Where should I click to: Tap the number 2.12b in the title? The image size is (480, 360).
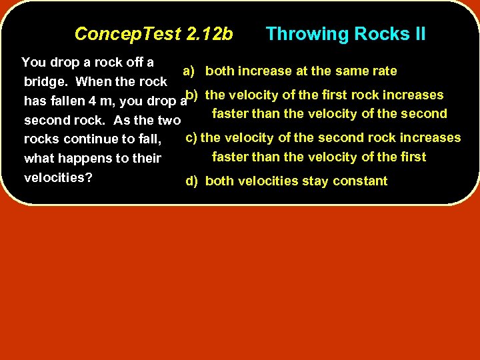210,34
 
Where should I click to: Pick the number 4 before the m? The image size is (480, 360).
83,101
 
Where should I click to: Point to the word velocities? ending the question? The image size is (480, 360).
58,178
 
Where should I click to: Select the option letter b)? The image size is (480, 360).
192,95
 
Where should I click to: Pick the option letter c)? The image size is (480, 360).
191,138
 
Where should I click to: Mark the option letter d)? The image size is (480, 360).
192,181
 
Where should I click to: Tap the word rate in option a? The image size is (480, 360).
383,71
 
